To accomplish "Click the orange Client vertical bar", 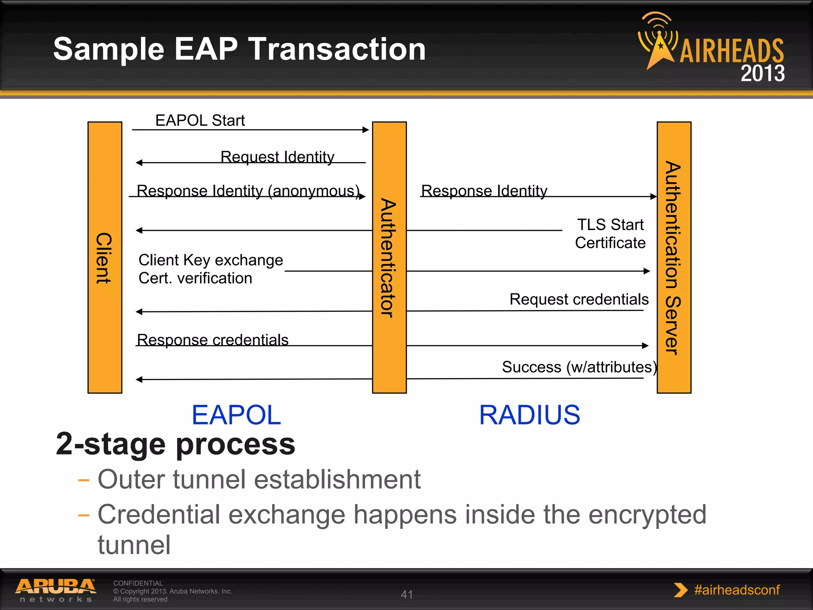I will pos(105,257).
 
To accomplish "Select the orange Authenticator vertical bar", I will pos(389,257).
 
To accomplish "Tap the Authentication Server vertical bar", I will pos(674,257).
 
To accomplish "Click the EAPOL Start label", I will pos(200,120).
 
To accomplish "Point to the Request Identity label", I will pos(277,156).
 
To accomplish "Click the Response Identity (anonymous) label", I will pos(248,191).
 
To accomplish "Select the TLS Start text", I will pos(610,225).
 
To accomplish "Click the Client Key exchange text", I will pos(210,260).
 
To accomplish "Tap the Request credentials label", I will pos(579,299).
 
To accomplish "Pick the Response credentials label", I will pos(212,340).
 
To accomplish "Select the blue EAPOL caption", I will pos(236,415).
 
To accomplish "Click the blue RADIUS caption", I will pos(529,415).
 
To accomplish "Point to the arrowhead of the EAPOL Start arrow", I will pos(366,129).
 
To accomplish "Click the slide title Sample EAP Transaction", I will pos(239,49).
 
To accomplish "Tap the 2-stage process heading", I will pos(175,444).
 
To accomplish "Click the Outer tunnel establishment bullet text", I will pos(259,479).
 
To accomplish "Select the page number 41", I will pos(407,594).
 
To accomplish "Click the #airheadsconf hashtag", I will pos(736,590).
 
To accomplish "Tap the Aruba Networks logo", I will pos(56,590).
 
